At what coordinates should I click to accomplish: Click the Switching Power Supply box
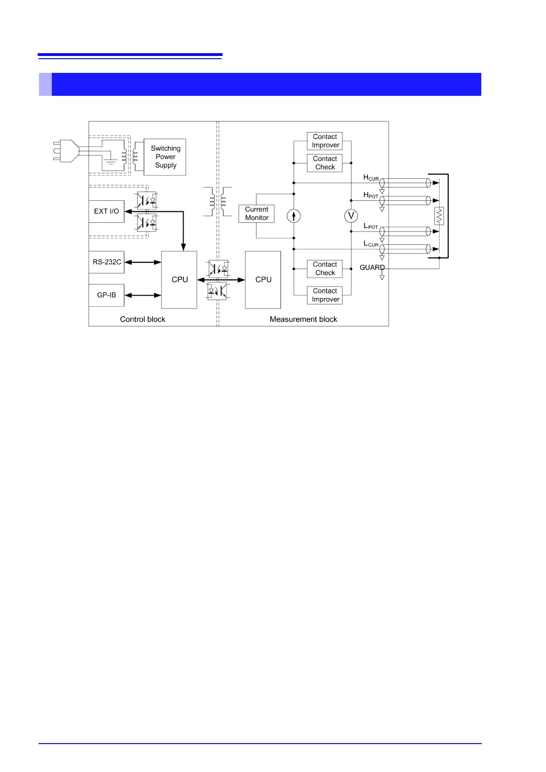[165, 157]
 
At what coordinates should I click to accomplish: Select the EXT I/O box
[106, 211]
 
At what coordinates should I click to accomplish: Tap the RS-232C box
[106, 262]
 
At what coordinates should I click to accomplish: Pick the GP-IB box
[106, 295]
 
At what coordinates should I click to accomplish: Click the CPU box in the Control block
[179, 280]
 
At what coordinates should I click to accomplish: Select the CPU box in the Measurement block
[263, 280]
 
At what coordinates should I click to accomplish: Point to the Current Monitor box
[256, 214]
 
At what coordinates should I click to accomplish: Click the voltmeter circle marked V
[351, 215]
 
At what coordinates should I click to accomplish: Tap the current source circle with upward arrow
[294, 215]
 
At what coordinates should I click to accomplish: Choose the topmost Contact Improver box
[325, 141]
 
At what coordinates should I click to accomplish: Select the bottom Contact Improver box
[325, 295]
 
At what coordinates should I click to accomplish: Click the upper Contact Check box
[325, 163]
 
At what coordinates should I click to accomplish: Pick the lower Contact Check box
[325, 269]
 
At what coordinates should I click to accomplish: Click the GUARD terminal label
[372, 268]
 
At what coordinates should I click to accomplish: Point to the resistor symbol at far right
[439, 216]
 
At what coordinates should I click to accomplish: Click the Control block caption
[142, 319]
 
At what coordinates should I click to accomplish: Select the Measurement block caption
[303, 319]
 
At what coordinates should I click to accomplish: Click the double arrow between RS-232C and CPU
[143, 262]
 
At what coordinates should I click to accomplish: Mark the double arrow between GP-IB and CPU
[143, 295]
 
